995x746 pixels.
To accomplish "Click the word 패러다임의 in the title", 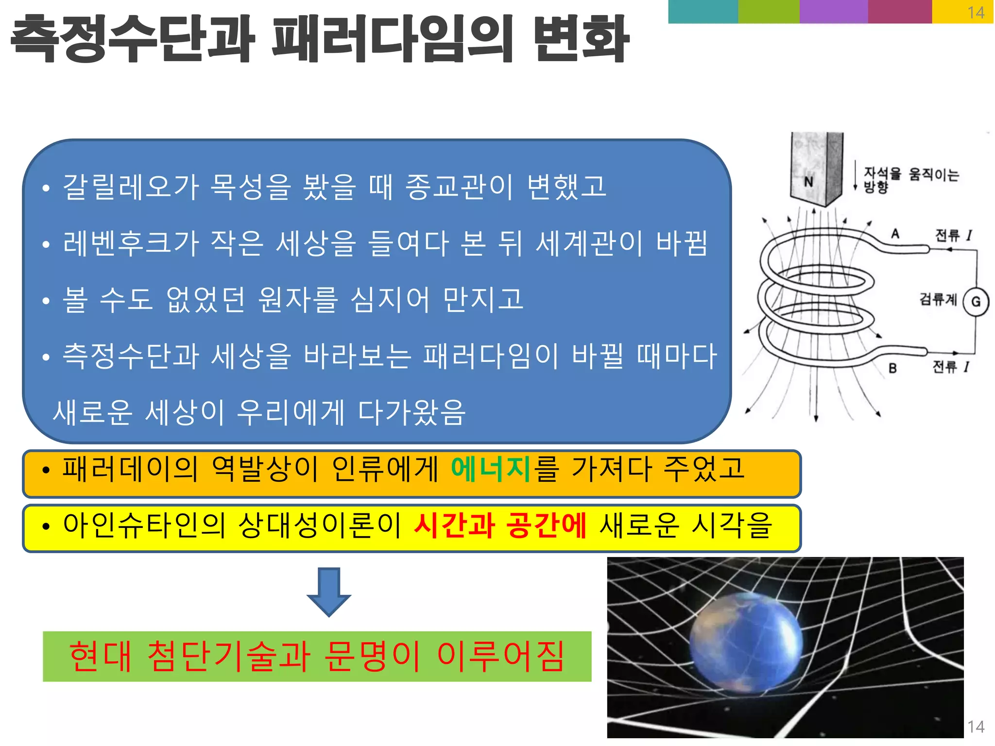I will pos(393,39).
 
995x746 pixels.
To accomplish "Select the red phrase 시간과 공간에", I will pos(500,526).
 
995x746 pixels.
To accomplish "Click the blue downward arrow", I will pos(329,592).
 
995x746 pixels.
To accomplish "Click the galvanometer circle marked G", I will pos(976,302).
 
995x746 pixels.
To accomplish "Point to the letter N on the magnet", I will pos(808,182).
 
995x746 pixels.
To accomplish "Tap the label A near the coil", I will pos(895,234).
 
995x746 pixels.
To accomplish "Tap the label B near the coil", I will pos(892,369).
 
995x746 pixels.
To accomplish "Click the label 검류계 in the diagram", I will pos(938,299).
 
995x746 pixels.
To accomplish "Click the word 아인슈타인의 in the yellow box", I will pos(144,526).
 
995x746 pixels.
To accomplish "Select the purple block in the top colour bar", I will pos(833,12).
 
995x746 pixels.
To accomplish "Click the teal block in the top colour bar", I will pos(703,12).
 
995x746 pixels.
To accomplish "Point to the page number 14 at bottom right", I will pos(976,727).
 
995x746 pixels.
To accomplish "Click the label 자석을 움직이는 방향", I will pos(910,180).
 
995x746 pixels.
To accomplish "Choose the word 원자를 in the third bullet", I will pos(298,300).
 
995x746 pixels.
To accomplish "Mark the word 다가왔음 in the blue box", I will pos(412,413).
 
